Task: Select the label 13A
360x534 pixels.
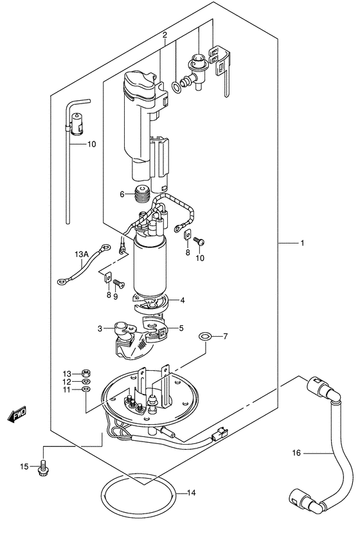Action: (x=81, y=254)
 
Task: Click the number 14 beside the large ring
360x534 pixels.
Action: (x=190, y=494)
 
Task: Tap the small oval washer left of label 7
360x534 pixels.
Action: (x=204, y=336)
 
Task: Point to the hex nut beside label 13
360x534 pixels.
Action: (x=86, y=373)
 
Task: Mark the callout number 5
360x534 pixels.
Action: (x=181, y=328)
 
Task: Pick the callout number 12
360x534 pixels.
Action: (x=67, y=382)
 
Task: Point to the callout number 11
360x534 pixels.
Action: (x=67, y=390)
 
